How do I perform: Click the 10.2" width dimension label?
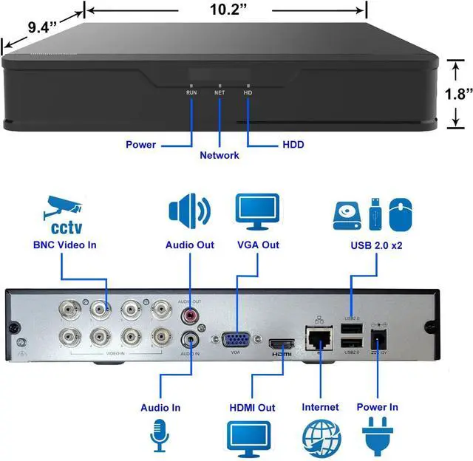[227, 11]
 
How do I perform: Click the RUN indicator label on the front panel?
[191, 93]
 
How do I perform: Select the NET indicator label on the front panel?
[220, 93]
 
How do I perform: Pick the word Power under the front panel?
[140, 144]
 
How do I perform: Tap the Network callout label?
[220, 156]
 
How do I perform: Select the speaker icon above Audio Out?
[189, 210]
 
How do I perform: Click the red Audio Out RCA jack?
[190, 316]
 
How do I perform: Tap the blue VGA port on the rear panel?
[234, 340]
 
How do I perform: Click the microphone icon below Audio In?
[160, 437]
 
